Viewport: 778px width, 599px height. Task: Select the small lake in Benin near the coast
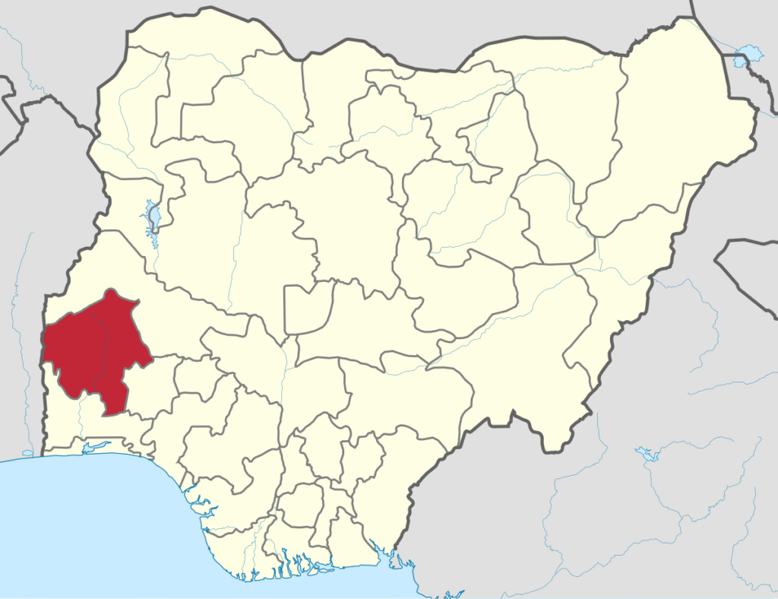coord(27,453)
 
